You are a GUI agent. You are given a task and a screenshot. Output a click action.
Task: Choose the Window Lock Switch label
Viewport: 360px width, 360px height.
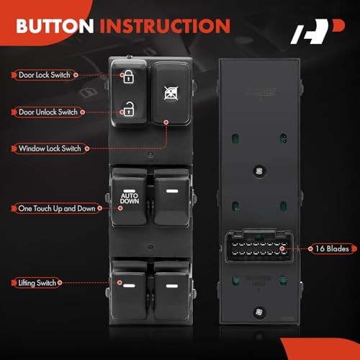point(50,148)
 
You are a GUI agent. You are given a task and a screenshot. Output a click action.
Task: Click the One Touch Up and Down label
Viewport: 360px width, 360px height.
point(55,208)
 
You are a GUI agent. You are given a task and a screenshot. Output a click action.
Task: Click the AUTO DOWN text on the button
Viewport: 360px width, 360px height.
point(130,198)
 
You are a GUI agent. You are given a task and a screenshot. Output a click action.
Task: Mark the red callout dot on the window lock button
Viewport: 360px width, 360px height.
point(167,123)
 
